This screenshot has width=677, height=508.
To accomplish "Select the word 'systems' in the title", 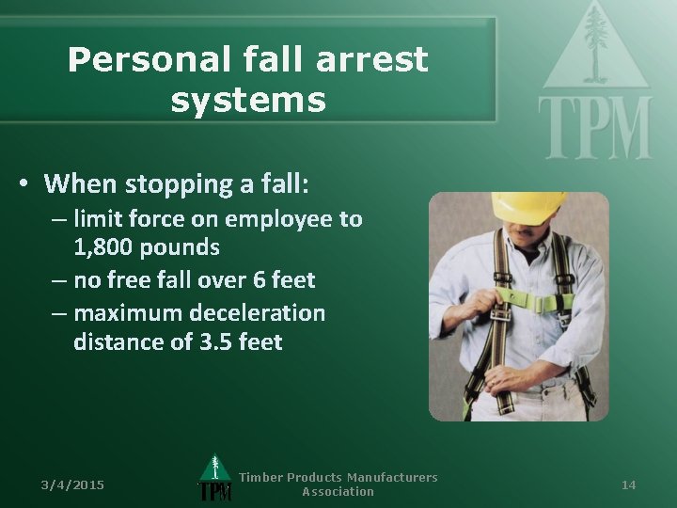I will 248,100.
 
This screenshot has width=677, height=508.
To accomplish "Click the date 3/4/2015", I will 72,484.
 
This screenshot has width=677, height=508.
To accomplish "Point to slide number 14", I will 629,484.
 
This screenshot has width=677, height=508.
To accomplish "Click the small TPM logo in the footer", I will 215,480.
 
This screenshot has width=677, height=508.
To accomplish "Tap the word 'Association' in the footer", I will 338,492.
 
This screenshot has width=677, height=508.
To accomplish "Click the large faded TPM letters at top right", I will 594,126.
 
